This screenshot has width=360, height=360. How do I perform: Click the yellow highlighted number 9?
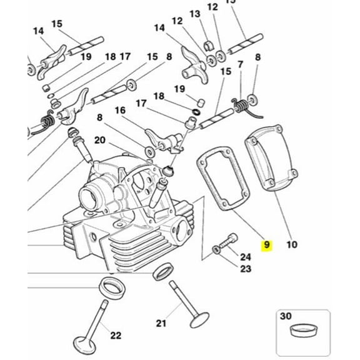coord(267,245)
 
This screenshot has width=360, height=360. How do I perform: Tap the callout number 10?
coord(291,245)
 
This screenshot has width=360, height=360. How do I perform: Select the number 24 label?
coord(245,256)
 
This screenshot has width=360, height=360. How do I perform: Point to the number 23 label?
coord(245,269)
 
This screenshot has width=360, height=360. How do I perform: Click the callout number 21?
coord(161,323)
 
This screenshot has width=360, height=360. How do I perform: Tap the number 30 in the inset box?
coord(286,316)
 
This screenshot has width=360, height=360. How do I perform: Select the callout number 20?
coord(99,140)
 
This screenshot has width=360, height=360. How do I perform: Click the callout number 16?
coord(119,110)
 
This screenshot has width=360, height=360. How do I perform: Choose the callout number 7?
coord(240,64)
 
